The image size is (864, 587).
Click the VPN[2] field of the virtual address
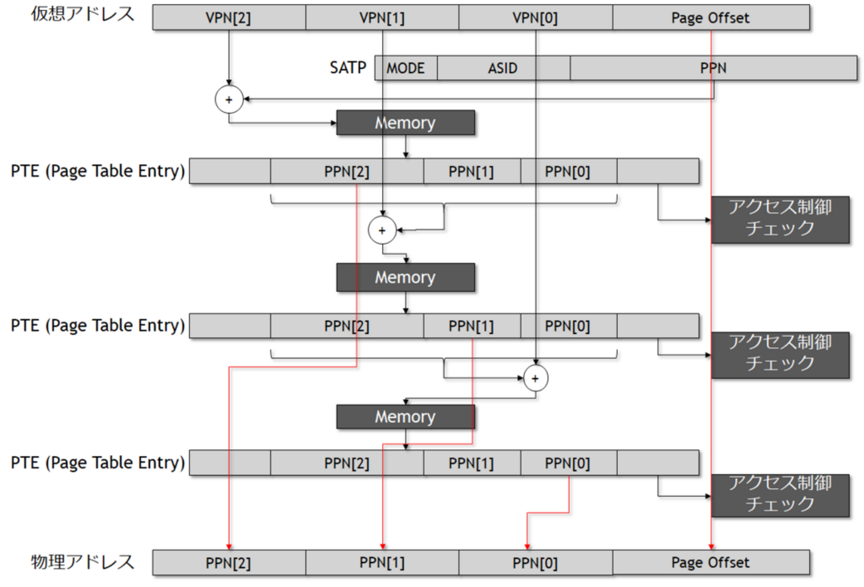click(x=229, y=18)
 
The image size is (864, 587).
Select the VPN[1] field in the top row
click(x=382, y=18)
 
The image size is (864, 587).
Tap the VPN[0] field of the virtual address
click(x=536, y=18)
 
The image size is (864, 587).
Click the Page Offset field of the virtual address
click(x=710, y=18)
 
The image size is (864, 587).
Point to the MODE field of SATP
click(x=405, y=68)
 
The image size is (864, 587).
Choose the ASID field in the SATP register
click(x=503, y=68)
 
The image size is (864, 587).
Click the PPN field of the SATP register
click(x=712, y=68)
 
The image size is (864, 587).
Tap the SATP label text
click(x=348, y=67)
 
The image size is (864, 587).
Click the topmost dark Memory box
click(x=405, y=123)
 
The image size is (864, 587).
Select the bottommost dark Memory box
click(x=405, y=417)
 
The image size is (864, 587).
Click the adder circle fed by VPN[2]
click(x=229, y=100)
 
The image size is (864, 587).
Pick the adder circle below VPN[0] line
click(x=535, y=378)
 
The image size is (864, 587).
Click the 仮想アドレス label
click(x=82, y=15)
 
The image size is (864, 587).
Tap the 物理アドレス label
click(x=82, y=562)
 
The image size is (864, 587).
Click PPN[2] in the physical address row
click(x=229, y=563)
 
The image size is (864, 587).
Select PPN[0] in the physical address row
click(x=536, y=563)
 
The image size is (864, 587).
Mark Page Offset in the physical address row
click(x=710, y=563)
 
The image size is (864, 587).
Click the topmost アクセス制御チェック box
click(x=780, y=219)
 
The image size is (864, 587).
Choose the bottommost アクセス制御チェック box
click(x=780, y=494)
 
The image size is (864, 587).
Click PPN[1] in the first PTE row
click(x=471, y=171)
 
